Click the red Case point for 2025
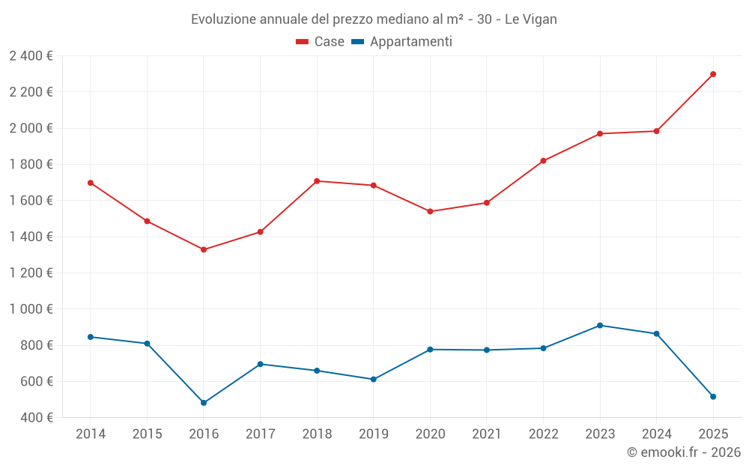pos(713,74)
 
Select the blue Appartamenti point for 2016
pos(204,403)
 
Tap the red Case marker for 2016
pos(204,249)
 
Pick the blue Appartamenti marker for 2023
pos(600,326)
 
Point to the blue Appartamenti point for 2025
pos(713,397)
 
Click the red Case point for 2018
pos(317,181)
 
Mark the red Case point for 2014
pos(91,183)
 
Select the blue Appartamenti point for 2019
pos(374,380)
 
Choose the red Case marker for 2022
pos(543,161)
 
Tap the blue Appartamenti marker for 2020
pos(430,350)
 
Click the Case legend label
pos(329,42)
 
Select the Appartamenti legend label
pos(410,42)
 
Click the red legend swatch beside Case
pos(303,42)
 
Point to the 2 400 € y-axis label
pos(31,56)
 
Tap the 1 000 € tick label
pos(31,309)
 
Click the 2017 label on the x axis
pos(260,434)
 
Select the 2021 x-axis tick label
pos(487,434)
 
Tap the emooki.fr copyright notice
pos(683,452)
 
